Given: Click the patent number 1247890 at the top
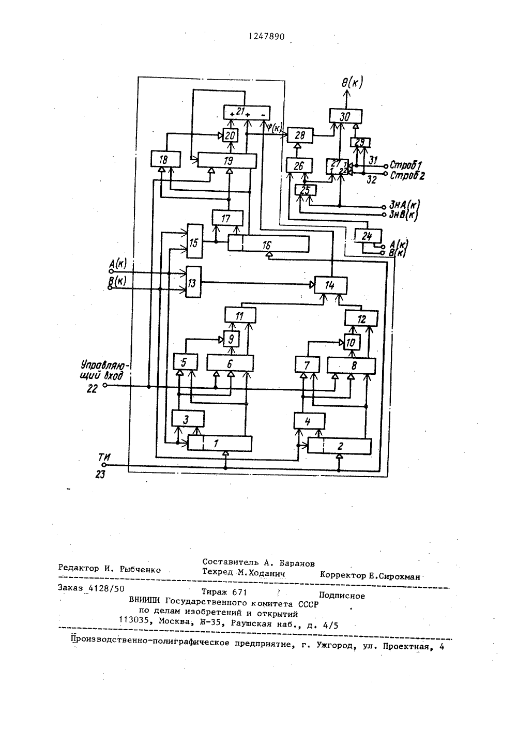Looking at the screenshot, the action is [266, 37].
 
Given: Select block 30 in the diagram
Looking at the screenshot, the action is [345, 116].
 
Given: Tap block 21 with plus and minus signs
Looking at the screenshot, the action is [247, 113].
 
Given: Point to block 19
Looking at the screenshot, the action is [227, 161].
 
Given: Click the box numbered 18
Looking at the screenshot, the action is [165, 159].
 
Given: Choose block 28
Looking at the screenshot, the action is [300, 135].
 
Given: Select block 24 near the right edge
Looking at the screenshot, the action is [368, 236].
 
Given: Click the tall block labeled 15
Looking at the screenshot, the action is [195, 241].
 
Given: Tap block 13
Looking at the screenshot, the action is [193, 282].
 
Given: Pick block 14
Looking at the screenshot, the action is [331, 285].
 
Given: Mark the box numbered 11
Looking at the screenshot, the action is [240, 315].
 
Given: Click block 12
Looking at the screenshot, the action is [361, 318].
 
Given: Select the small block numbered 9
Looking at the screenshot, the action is [232, 339].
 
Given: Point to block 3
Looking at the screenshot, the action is [188, 419].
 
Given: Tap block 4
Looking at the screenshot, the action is [309, 421].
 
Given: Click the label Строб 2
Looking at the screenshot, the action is [407, 176].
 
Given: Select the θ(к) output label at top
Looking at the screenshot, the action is [352, 83].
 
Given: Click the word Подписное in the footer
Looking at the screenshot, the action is [342, 596].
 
